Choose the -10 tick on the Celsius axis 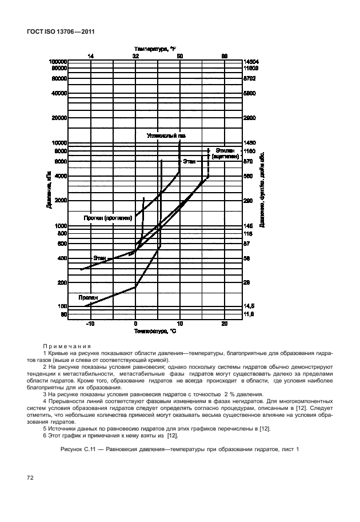[x=90, y=324]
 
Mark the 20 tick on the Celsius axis [x=225, y=324]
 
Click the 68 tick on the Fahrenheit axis [x=225, y=56]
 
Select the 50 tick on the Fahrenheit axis [x=180, y=56]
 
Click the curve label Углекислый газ [x=166, y=136]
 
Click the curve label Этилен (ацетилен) [x=225, y=153]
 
